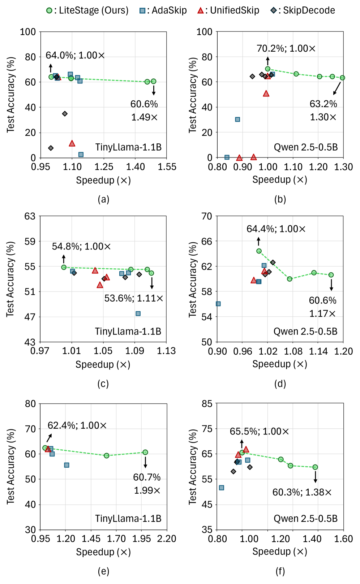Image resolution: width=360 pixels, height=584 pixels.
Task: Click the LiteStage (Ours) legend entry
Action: pos(87,10)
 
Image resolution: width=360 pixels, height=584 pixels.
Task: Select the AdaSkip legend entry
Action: pos(163,10)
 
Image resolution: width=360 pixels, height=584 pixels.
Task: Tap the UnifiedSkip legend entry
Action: pos(228,10)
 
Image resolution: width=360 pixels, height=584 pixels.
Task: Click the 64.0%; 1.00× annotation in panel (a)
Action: pos(75,55)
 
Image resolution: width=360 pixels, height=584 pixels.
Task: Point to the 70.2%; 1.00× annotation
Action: pos(286,48)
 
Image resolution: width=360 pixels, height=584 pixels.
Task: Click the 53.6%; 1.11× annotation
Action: pos(134,298)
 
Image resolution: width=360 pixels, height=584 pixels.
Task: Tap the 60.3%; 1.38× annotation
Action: pos(302,492)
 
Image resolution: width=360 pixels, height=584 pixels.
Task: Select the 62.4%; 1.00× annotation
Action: pos(77,425)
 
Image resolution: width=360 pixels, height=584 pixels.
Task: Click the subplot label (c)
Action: pos(103,384)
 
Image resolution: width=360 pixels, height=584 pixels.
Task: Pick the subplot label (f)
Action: pos(280,571)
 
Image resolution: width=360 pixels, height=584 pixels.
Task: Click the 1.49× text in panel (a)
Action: pos(144,117)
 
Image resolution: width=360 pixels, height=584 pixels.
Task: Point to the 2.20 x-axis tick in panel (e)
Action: pos(167,539)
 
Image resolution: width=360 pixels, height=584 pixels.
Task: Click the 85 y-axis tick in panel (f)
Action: pos(207,403)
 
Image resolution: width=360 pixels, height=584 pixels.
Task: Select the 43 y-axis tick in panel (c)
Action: pos(30,342)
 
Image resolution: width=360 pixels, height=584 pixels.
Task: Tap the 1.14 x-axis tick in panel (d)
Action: pos(318,351)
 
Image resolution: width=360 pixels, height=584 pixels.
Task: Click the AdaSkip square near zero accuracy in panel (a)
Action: pos(81,155)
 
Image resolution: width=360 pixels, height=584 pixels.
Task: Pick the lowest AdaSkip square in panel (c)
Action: pos(138,313)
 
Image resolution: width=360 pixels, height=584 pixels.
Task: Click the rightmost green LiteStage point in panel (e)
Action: pos(145,452)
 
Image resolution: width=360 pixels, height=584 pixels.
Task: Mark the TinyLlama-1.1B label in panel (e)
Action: pos(128,519)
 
